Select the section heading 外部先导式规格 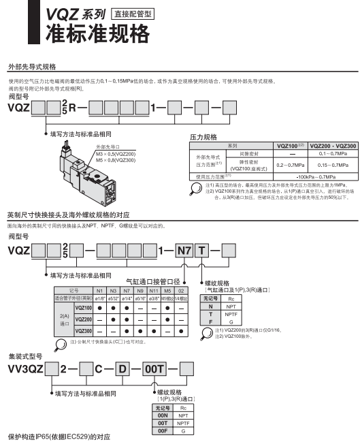click(x=31, y=67)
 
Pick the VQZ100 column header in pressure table click(x=289, y=145)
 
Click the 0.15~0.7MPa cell click(x=331, y=165)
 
